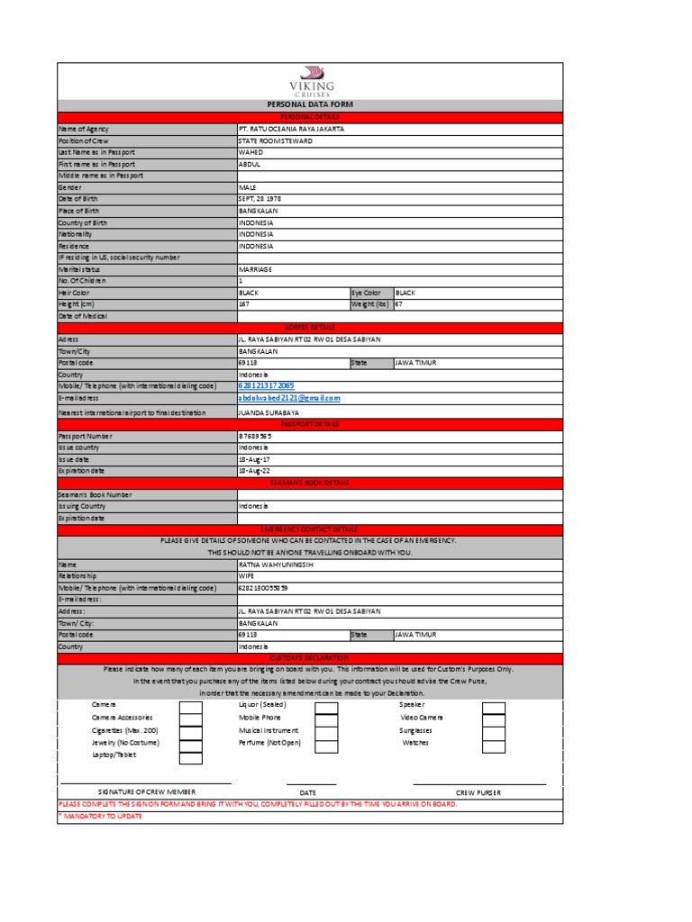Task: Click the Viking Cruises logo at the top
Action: [310, 81]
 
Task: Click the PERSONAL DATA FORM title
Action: [310, 105]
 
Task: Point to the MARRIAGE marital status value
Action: [255, 269]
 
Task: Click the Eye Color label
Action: [368, 293]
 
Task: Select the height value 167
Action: [243, 304]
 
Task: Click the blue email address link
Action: [289, 397]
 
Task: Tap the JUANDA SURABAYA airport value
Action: [269, 412]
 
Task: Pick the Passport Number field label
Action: [87, 436]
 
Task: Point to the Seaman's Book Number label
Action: [95, 494]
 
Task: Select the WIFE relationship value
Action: [247, 575]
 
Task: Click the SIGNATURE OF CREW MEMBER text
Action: [147, 792]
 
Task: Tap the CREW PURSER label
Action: [478, 792]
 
